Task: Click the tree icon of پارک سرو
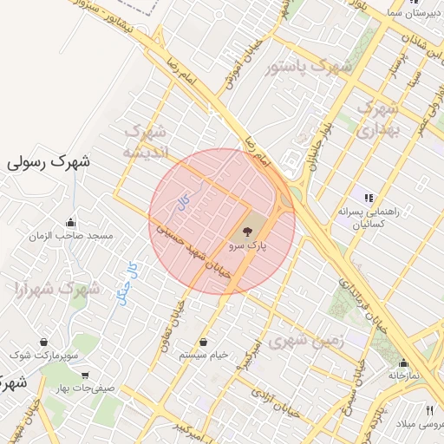[248, 232]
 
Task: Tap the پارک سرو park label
[249, 246]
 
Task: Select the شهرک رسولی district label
[49, 162]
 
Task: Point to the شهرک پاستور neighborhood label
[309, 66]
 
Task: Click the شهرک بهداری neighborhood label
[377, 120]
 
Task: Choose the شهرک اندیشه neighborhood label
[146, 141]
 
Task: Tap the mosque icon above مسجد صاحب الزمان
[70, 222]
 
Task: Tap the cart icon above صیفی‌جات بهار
[84, 375]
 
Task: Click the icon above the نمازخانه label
[403, 362]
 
